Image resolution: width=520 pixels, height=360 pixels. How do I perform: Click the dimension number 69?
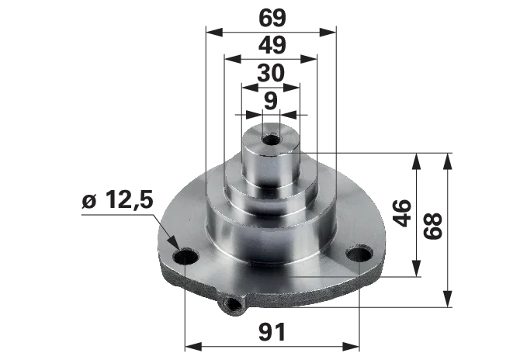[272, 18]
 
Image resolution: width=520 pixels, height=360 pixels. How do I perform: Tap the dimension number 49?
[272, 45]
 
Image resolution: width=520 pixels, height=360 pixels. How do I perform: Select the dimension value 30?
[271, 73]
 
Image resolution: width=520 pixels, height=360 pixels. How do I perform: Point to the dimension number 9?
[271, 100]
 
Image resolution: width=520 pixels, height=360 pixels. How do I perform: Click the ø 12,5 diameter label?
[118, 200]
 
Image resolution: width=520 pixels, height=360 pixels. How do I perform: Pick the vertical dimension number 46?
[401, 213]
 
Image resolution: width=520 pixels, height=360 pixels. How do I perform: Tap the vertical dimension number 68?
[433, 226]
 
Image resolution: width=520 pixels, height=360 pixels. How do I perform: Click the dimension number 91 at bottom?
[272, 332]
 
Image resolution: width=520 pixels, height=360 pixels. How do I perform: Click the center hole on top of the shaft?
[272, 140]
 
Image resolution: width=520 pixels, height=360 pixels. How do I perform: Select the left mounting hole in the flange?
[185, 257]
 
